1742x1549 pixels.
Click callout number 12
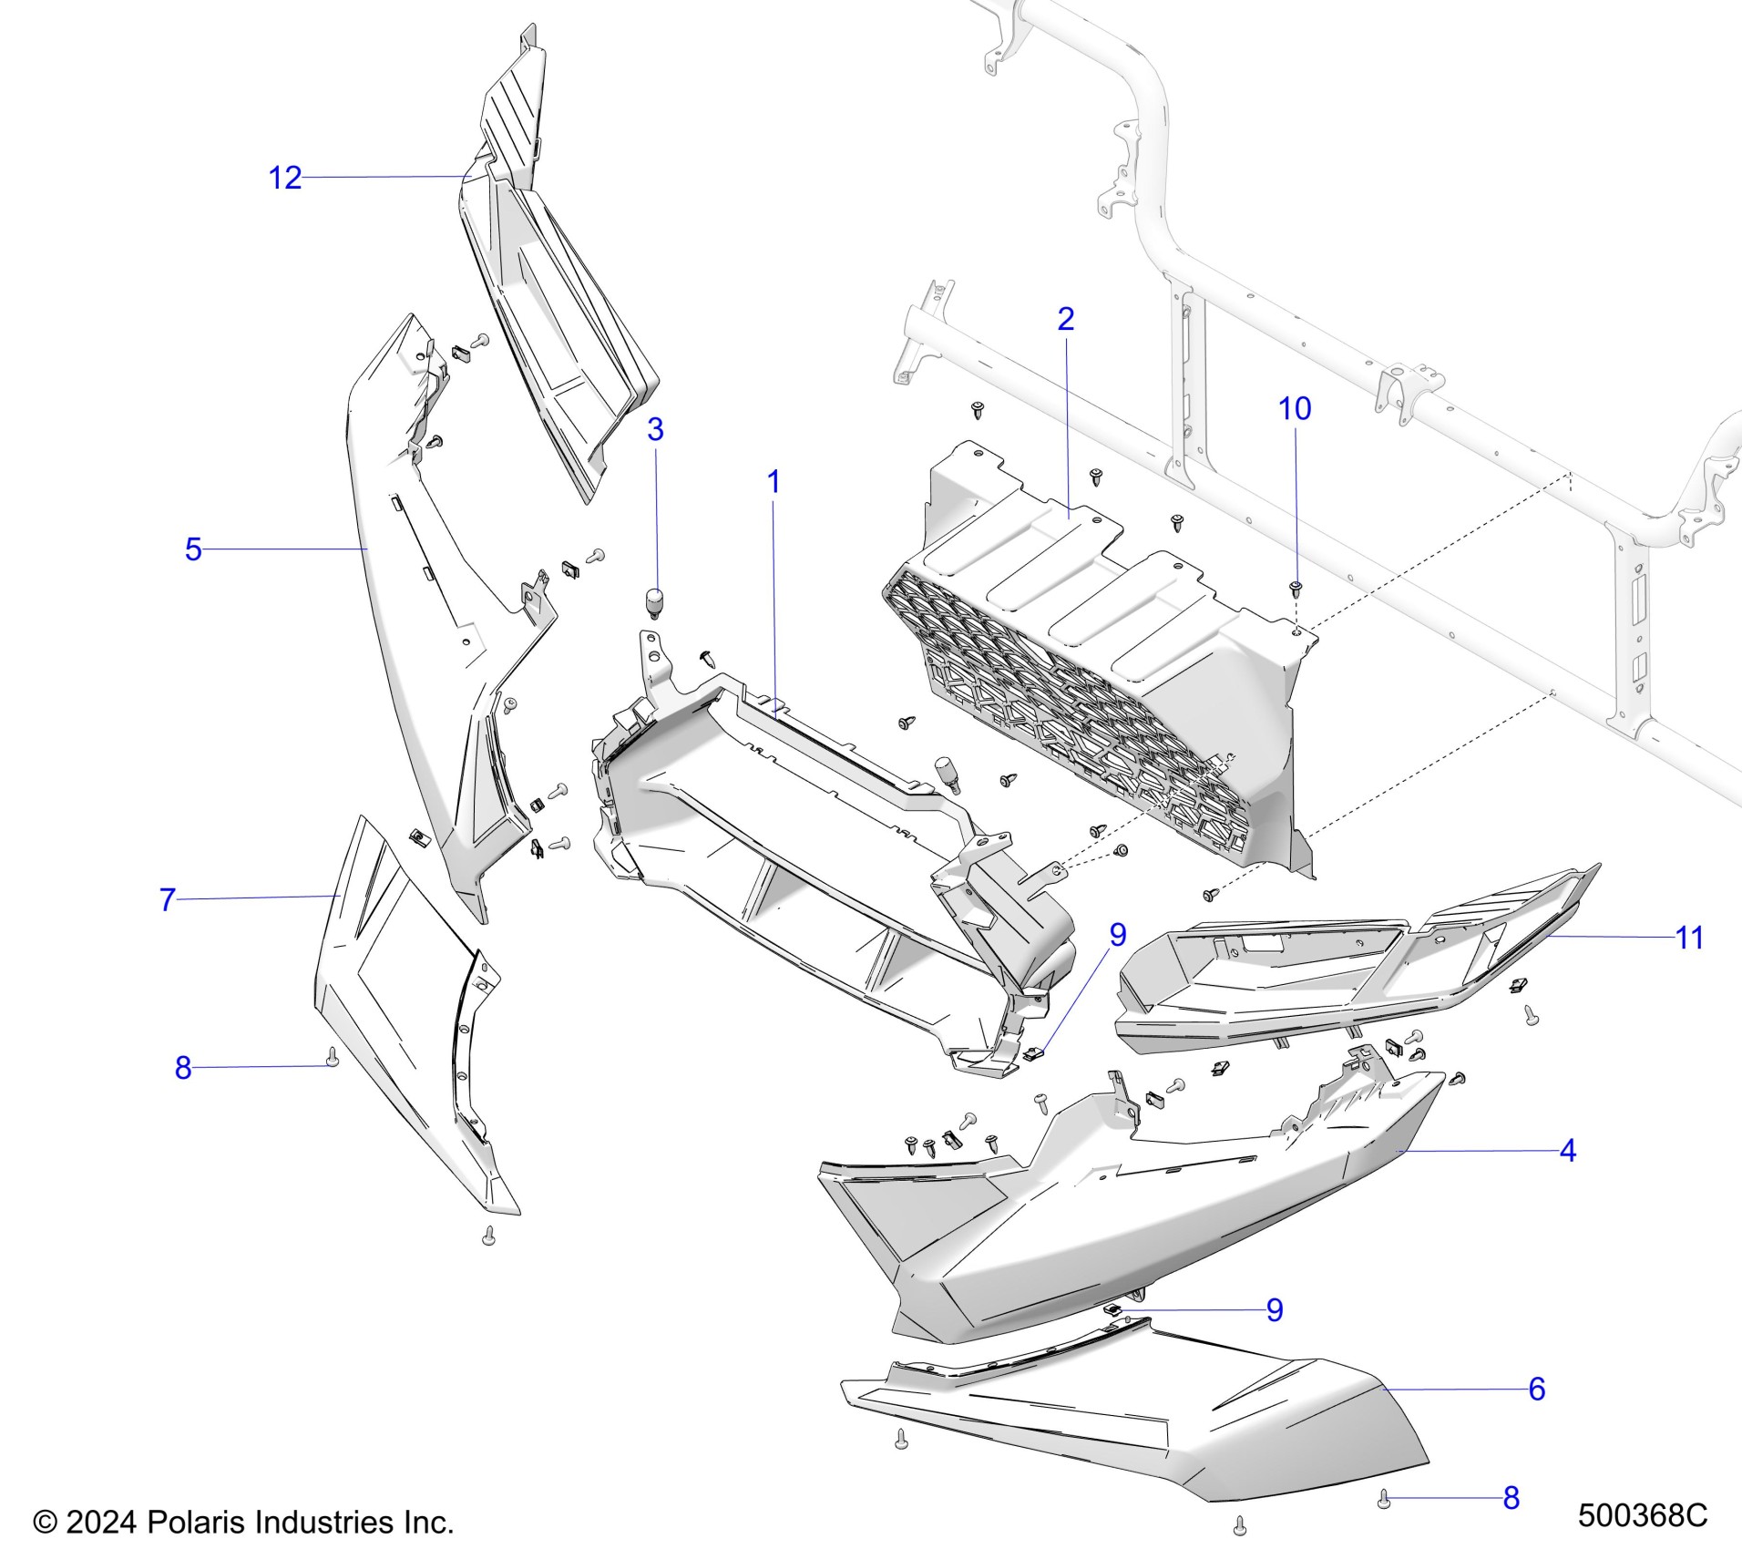click(x=284, y=177)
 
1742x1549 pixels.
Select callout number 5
click(x=192, y=549)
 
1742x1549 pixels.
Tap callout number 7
click(x=167, y=899)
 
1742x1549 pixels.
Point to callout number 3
click(x=655, y=429)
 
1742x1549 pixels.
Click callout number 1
click(x=774, y=482)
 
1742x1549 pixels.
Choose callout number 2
click(x=1065, y=318)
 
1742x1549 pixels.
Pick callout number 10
click(x=1295, y=408)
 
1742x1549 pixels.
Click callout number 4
click(x=1567, y=1151)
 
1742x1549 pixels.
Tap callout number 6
click(x=1536, y=1389)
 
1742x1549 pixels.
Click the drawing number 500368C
click(x=1642, y=1515)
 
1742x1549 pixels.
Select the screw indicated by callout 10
click(x=1295, y=587)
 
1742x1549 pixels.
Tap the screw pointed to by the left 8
click(x=333, y=1057)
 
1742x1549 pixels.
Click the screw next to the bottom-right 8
click(x=1384, y=1499)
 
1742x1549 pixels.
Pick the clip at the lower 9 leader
click(x=1113, y=1309)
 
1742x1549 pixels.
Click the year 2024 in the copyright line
click(x=101, y=1523)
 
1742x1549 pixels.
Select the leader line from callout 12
click(x=383, y=176)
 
